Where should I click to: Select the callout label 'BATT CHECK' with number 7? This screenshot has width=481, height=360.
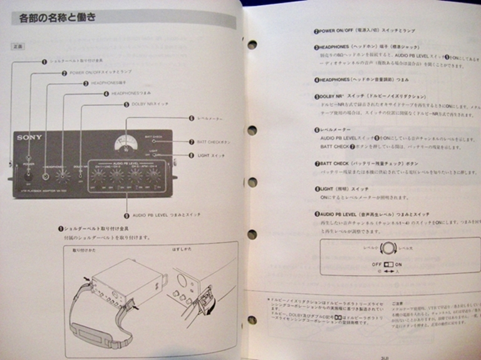tap(210, 142)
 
